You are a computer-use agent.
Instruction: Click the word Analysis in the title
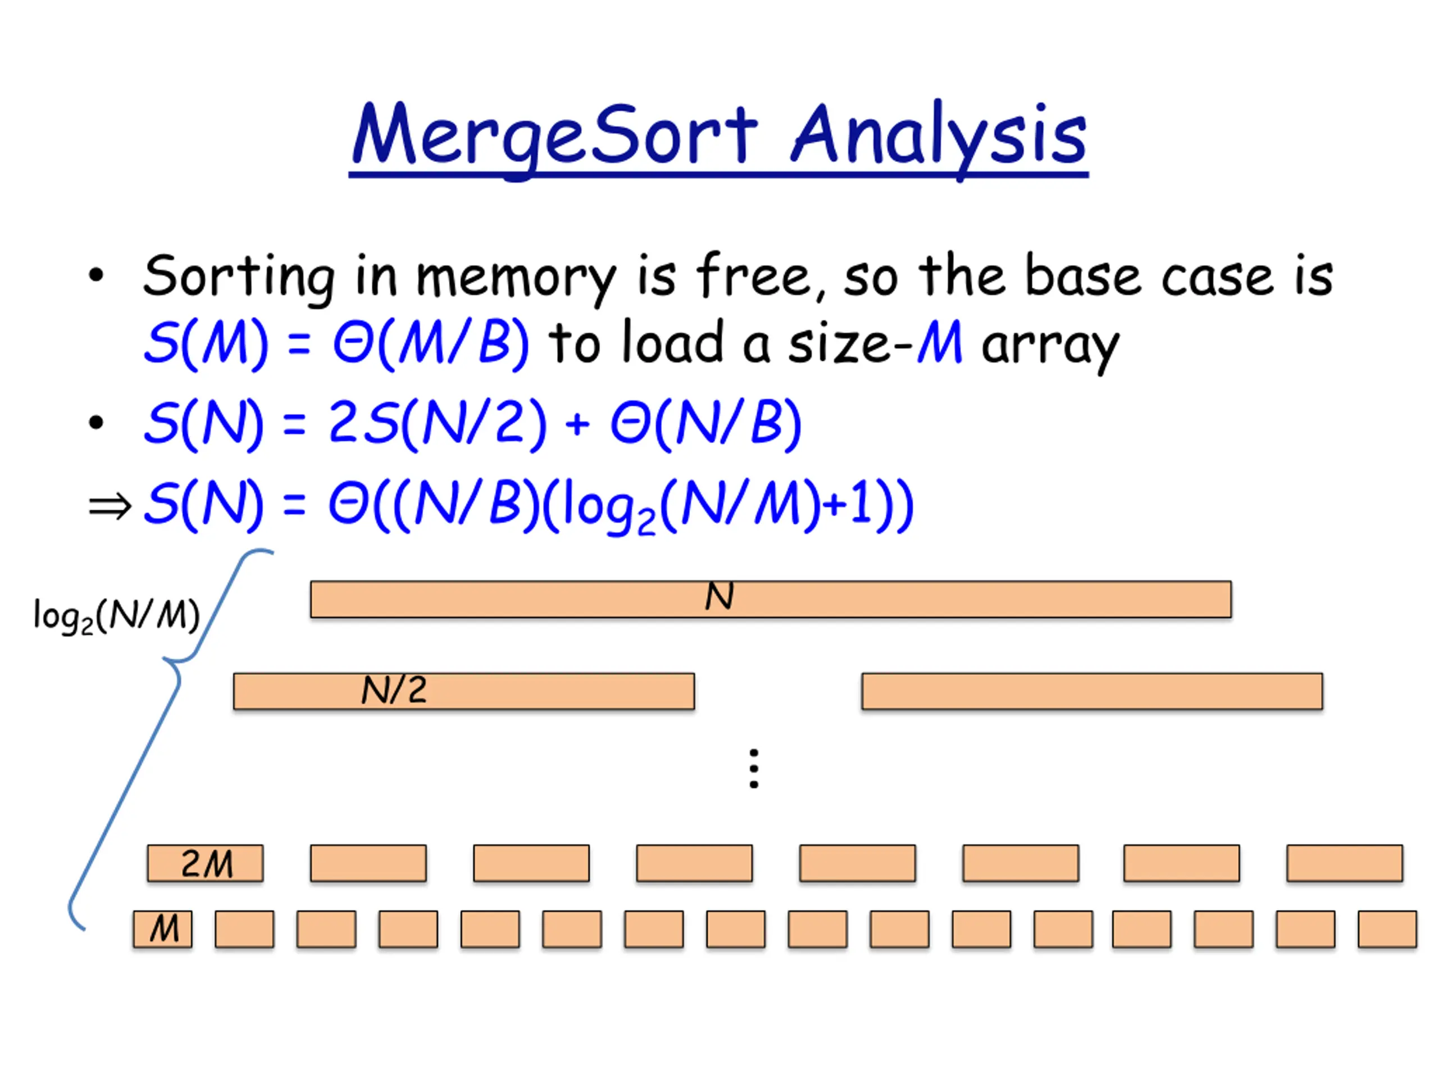[x=939, y=135]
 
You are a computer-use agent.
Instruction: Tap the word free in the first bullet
[x=753, y=276]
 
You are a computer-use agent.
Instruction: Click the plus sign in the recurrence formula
[x=577, y=425]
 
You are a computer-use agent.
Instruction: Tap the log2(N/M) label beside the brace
[x=116, y=615]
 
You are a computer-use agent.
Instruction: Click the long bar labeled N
[x=770, y=599]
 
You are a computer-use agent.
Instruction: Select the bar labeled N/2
[x=463, y=691]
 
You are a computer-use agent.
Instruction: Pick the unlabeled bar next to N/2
[x=1091, y=691]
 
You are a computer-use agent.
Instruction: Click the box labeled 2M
[x=206, y=863]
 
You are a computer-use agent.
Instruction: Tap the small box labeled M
[x=162, y=929]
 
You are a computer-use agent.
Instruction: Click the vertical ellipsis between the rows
[x=753, y=769]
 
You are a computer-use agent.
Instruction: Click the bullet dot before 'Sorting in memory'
[x=96, y=276]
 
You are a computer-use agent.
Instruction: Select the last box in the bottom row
[x=1387, y=929]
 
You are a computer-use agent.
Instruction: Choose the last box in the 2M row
[x=1344, y=863]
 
